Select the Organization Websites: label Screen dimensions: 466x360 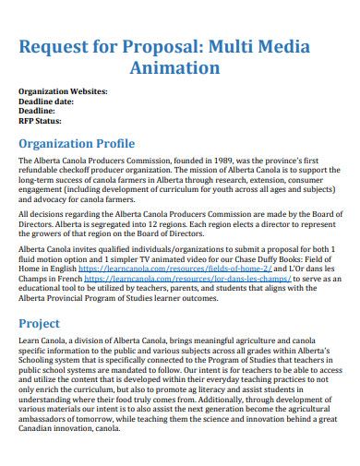[x=63, y=91]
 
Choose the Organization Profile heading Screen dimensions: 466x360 [x=77, y=144]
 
